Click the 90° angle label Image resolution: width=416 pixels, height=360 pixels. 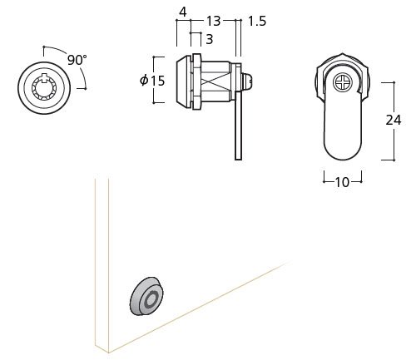click(x=77, y=60)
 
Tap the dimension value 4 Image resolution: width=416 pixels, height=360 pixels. click(x=183, y=12)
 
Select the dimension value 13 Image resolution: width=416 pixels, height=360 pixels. click(x=213, y=21)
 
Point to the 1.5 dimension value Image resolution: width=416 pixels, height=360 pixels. click(x=257, y=21)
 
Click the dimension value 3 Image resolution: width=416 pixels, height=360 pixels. click(x=210, y=39)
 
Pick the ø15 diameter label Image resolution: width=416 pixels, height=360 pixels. click(x=152, y=81)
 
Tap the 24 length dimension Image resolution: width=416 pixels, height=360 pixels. click(x=394, y=120)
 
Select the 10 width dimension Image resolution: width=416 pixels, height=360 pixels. click(x=343, y=182)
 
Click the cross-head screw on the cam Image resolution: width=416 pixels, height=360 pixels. click(x=343, y=82)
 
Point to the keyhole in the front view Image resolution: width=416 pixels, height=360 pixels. click(x=44, y=87)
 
